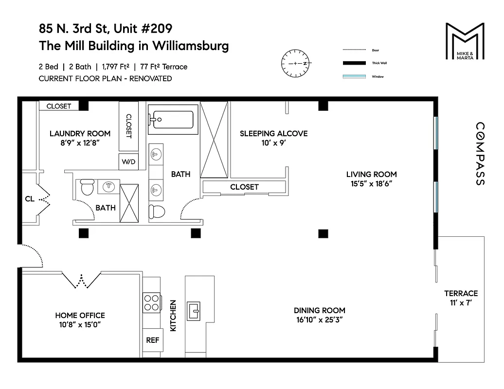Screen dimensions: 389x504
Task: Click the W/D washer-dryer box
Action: point(128,161)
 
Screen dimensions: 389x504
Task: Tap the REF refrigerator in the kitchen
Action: point(153,340)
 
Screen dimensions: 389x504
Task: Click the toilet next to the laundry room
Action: point(87,187)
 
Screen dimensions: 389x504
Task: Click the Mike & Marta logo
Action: point(465,41)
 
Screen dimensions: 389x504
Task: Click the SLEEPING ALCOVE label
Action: point(273,133)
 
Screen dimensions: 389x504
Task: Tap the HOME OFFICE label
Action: point(80,315)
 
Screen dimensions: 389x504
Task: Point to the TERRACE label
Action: point(461,293)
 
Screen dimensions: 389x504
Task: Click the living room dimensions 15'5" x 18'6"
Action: point(371,183)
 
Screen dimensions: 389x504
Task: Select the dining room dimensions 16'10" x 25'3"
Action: point(319,319)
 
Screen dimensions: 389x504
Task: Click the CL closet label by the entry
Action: point(30,198)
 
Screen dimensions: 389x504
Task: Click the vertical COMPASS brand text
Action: point(479,154)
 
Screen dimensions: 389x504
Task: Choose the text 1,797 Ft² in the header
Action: point(119,67)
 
